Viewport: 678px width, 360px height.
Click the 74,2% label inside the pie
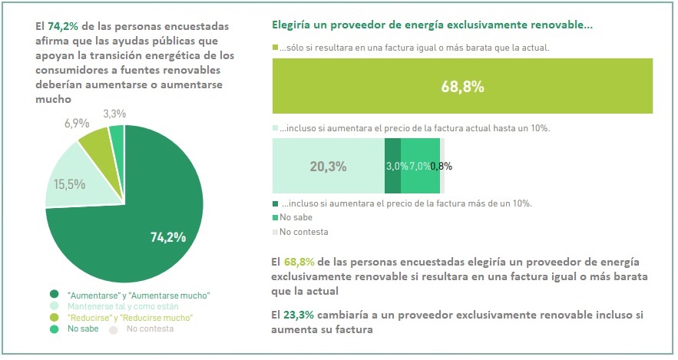(x=168, y=237)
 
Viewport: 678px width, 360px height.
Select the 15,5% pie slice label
(x=70, y=184)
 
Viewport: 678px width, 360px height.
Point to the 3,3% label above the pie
(x=114, y=114)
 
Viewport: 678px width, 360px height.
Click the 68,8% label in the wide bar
(x=462, y=87)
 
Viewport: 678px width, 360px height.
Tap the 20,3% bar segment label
(x=328, y=166)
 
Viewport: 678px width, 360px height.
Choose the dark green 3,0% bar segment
(x=392, y=166)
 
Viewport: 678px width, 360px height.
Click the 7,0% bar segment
(x=421, y=166)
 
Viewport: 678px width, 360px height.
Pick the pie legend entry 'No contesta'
(x=150, y=329)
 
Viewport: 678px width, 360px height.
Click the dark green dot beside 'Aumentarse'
(x=53, y=295)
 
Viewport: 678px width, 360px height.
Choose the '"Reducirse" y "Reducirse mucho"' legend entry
(x=130, y=318)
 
